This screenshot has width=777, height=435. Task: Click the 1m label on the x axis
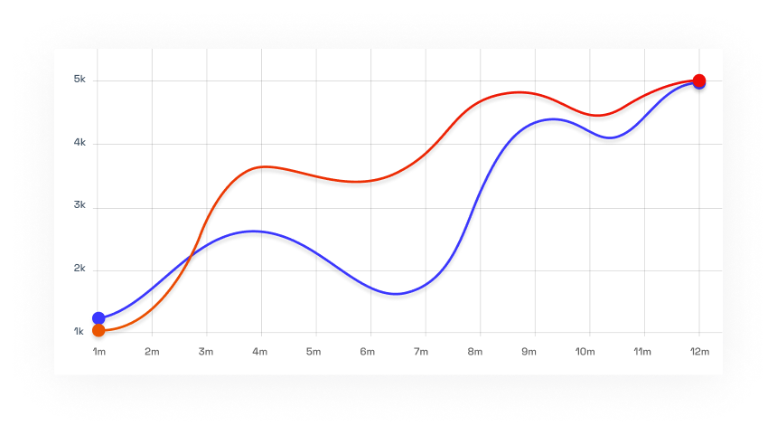pos(98,351)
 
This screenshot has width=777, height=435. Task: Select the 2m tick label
pos(152,351)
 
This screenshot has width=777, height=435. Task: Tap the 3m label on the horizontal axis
pos(206,351)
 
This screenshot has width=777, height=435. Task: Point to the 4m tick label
pos(260,351)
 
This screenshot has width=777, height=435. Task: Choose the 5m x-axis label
pos(314,351)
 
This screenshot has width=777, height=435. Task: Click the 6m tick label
pos(368,351)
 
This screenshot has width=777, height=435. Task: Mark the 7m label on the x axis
pos(421,351)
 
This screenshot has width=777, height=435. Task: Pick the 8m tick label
pos(475,351)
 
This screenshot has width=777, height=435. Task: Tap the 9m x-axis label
pos(529,351)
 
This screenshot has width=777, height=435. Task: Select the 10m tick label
pos(585,351)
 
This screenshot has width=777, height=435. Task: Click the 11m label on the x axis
pos(642,351)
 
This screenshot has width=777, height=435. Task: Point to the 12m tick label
pos(697,351)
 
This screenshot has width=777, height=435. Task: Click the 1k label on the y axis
pos(80,332)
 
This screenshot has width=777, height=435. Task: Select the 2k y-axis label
pos(80,269)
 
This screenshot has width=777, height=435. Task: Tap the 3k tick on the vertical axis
pos(80,205)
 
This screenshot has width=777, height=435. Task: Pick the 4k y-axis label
pos(80,142)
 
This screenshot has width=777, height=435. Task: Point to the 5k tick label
pos(80,80)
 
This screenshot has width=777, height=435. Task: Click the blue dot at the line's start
pos(98,318)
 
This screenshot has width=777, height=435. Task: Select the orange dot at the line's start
pos(98,330)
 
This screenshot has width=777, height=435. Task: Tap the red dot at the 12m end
pos(699,80)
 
